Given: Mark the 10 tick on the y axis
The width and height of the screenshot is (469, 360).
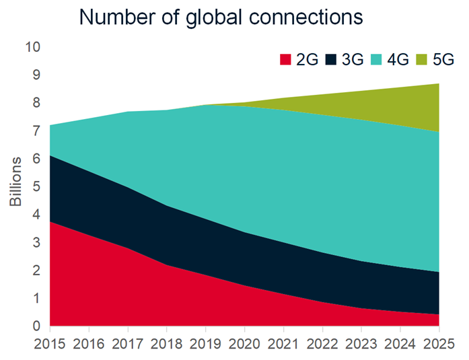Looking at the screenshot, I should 32,47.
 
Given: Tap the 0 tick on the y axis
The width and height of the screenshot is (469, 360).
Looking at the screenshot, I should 36,326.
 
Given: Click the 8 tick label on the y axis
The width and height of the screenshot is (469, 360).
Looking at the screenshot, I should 36,103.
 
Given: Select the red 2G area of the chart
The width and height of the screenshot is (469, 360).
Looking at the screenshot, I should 101,289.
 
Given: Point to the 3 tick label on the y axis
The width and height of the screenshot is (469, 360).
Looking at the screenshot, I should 36,242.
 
